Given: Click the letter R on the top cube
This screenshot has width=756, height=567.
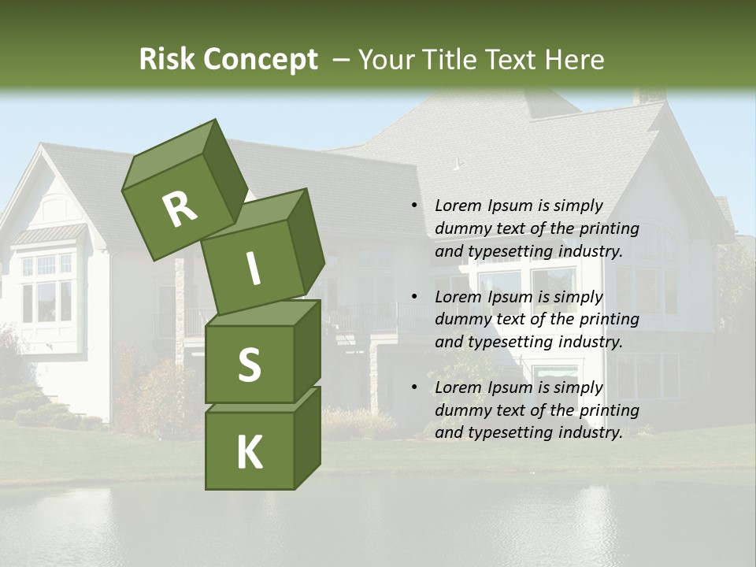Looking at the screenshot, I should click(x=180, y=209).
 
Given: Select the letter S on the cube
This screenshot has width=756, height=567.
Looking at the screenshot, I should click(x=249, y=365).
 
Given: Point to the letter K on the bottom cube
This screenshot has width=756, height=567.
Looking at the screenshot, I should click(x=249, y=453).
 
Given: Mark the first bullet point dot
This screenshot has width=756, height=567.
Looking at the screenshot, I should click(x=414, y=206).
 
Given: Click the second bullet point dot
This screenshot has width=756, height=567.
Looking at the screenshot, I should click(x=414, y=297).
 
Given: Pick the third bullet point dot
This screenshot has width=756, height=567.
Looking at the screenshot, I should click(x=414, y=387).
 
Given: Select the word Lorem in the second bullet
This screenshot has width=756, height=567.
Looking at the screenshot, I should click(x=456, y=297).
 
